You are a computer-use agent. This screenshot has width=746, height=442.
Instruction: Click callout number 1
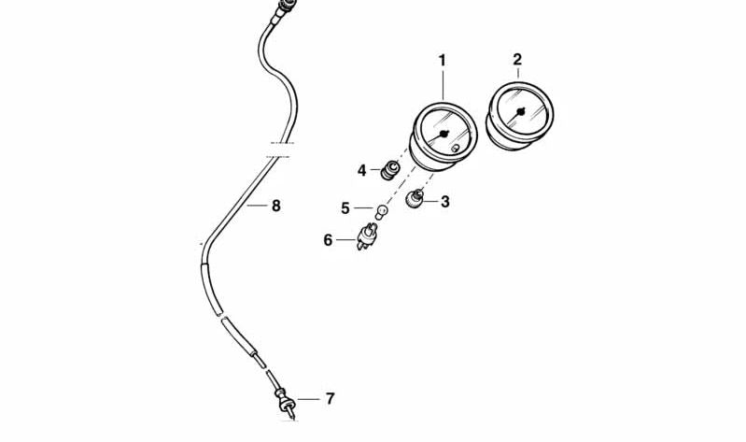tap(443, 61)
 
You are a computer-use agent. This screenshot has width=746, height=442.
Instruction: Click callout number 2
tap(517, 60)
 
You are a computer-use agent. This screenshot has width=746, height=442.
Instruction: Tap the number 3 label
tap(444, 202)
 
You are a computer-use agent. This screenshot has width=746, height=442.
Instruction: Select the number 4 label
tap(362, 170)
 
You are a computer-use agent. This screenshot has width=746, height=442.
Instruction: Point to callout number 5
tap(345, 208)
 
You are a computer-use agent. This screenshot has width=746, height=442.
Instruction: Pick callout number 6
tap(328, 240)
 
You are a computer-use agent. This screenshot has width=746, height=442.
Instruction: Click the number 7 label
tap(331, 399)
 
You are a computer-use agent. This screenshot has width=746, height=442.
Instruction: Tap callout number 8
tap(276, 206)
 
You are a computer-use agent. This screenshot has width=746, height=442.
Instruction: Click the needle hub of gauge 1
tap(443, 134)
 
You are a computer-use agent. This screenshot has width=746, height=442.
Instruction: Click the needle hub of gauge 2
tap(520, 112)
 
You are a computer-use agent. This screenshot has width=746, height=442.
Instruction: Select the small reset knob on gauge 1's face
tap(456, 149)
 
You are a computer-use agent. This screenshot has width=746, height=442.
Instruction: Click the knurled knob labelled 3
tap(415, 198)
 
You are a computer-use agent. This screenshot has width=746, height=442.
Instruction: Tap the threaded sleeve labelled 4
tap(390, 170)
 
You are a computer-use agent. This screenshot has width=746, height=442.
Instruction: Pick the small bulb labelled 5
tap(382, 211)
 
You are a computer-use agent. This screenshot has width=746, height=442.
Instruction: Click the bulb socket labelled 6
tap(366, 236)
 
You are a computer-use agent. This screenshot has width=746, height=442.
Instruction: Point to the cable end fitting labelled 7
tap(285, 403)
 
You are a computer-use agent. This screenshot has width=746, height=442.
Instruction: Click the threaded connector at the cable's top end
tap(286, 8)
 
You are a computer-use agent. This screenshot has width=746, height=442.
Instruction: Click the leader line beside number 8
tap(258, 206)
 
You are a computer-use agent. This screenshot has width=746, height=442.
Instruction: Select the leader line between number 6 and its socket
tap(346, 240)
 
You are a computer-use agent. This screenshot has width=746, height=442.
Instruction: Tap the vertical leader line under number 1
tap(443, 85)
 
